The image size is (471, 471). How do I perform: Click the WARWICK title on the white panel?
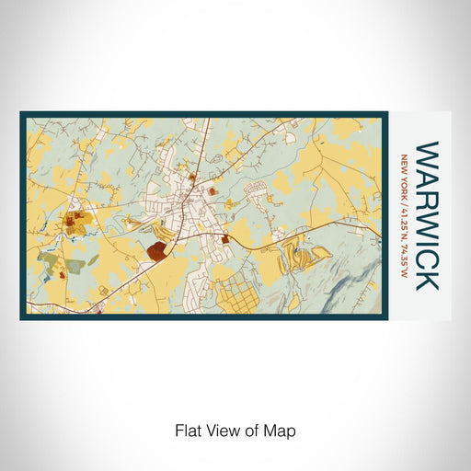(x=427, y=215)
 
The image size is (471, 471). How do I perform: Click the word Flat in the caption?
(x=188, y=430)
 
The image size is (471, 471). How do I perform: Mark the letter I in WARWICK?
(x=427, y=241)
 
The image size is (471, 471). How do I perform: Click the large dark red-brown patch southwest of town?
(x=158, y=250)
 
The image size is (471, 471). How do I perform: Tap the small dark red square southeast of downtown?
(x=224, y=239)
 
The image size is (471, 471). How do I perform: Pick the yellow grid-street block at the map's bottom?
(x=243, y=294)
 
